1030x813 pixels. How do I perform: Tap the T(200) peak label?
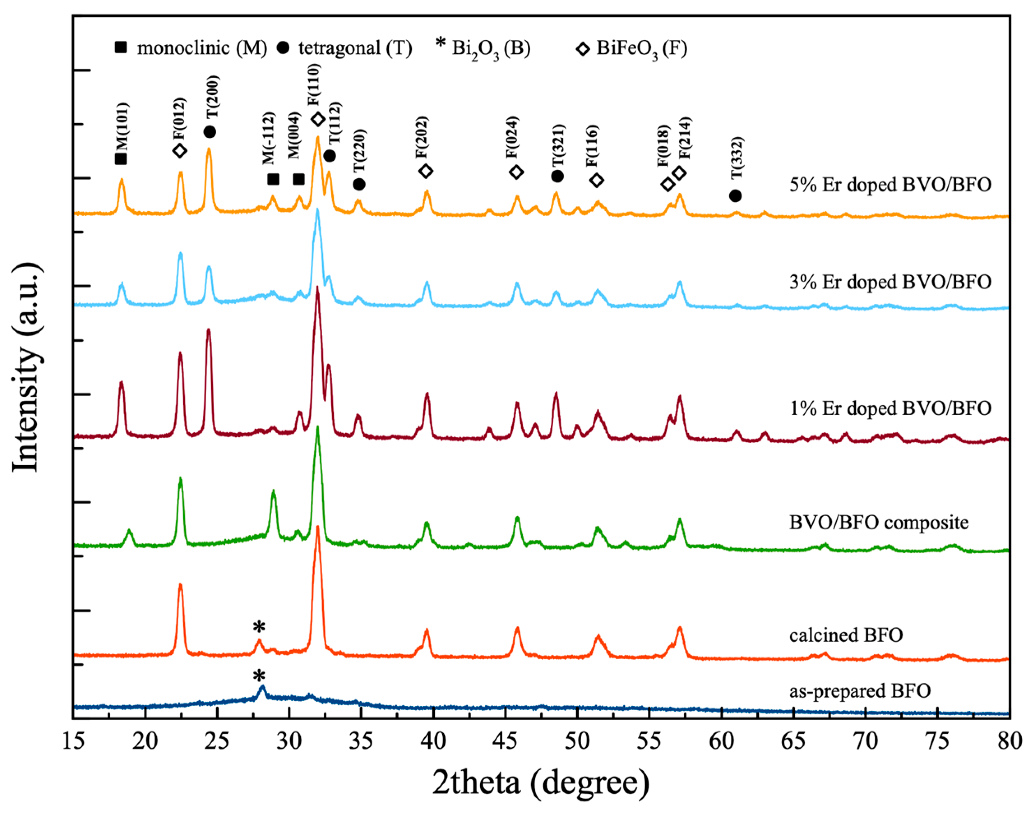[213, 97]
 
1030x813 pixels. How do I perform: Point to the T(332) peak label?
[737, 157]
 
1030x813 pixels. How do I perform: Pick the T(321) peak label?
[558, 145]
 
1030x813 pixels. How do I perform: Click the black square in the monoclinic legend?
[121, 47]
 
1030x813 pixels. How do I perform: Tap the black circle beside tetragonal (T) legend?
[283, 48]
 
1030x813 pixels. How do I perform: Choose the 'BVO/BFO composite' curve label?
[879, 523]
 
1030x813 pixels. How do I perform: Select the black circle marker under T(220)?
[359, 184]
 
